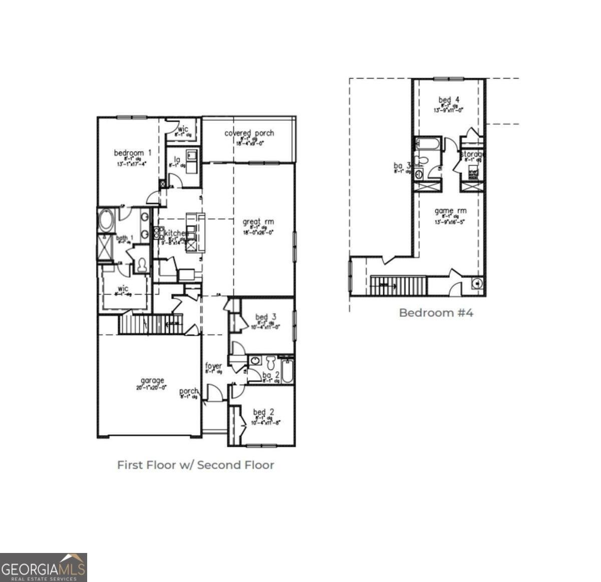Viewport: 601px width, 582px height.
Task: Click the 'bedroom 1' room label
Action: click(x=132, y=153)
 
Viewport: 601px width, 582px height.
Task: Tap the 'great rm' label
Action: click(x=258, y=222)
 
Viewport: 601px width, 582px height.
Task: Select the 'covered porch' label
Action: click(x=249, y=133)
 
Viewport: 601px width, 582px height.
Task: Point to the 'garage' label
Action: click(x=152, y=381)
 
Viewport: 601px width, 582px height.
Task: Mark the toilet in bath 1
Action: click(x=142, y=264)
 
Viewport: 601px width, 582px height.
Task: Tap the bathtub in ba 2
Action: click(x=287, y=371)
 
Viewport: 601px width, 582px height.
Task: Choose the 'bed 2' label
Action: click(x=263, y=412)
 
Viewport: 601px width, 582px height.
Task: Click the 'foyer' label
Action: click(x=213, y=366)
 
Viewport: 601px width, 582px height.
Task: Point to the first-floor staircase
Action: click(x=150, y=324)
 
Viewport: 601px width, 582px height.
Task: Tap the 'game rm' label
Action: click(x=450, y=211)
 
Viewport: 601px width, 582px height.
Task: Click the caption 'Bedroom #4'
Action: click(x=436, y=313)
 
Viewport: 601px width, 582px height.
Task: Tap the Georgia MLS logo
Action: click(x=44, y=567)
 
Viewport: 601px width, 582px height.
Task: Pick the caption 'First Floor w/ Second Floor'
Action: click(x=195, y=465)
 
